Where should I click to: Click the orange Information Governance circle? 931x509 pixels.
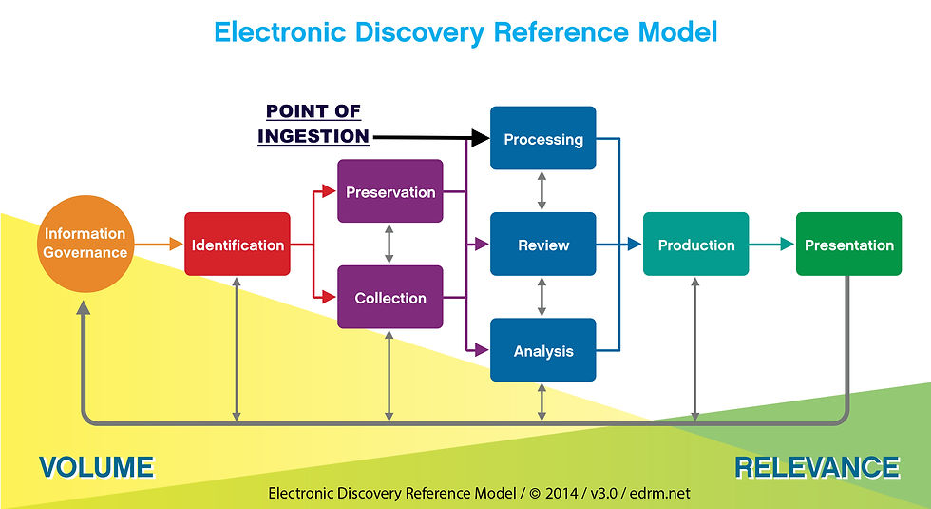(x=85, y=244)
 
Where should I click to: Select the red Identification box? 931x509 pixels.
(x=237, y=244)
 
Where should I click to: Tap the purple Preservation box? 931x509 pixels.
(x=390, y=191)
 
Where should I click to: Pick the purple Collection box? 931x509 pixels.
(x=390, y=297)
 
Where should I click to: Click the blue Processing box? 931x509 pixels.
(x=542, y=138)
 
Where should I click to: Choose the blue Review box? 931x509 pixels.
(x=542, y=244)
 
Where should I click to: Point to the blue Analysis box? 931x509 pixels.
(x=542, y=350)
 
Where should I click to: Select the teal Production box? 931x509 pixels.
(x=695, y=244)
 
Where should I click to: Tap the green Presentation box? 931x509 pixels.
(x=848, y=244)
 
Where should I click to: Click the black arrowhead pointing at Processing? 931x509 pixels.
(x=481, y=138)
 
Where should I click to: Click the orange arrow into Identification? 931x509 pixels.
(x=159, y=244)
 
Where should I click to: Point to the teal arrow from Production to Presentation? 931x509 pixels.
(x=771, y=244)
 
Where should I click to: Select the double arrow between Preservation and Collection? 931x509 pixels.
(x=389, y=244)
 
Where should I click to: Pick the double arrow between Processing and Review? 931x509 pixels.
(x=541, y=191)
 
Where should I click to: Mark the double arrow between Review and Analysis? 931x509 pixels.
(x=541, y=297)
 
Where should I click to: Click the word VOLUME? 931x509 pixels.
(x=96, y=467)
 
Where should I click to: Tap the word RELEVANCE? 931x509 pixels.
(x=817, y=467)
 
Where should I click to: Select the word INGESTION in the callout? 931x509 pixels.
(x=313, y=136)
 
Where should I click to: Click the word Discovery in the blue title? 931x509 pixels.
(x=420, y=32)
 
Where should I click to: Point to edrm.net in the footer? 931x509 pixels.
(x=660, y=493)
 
